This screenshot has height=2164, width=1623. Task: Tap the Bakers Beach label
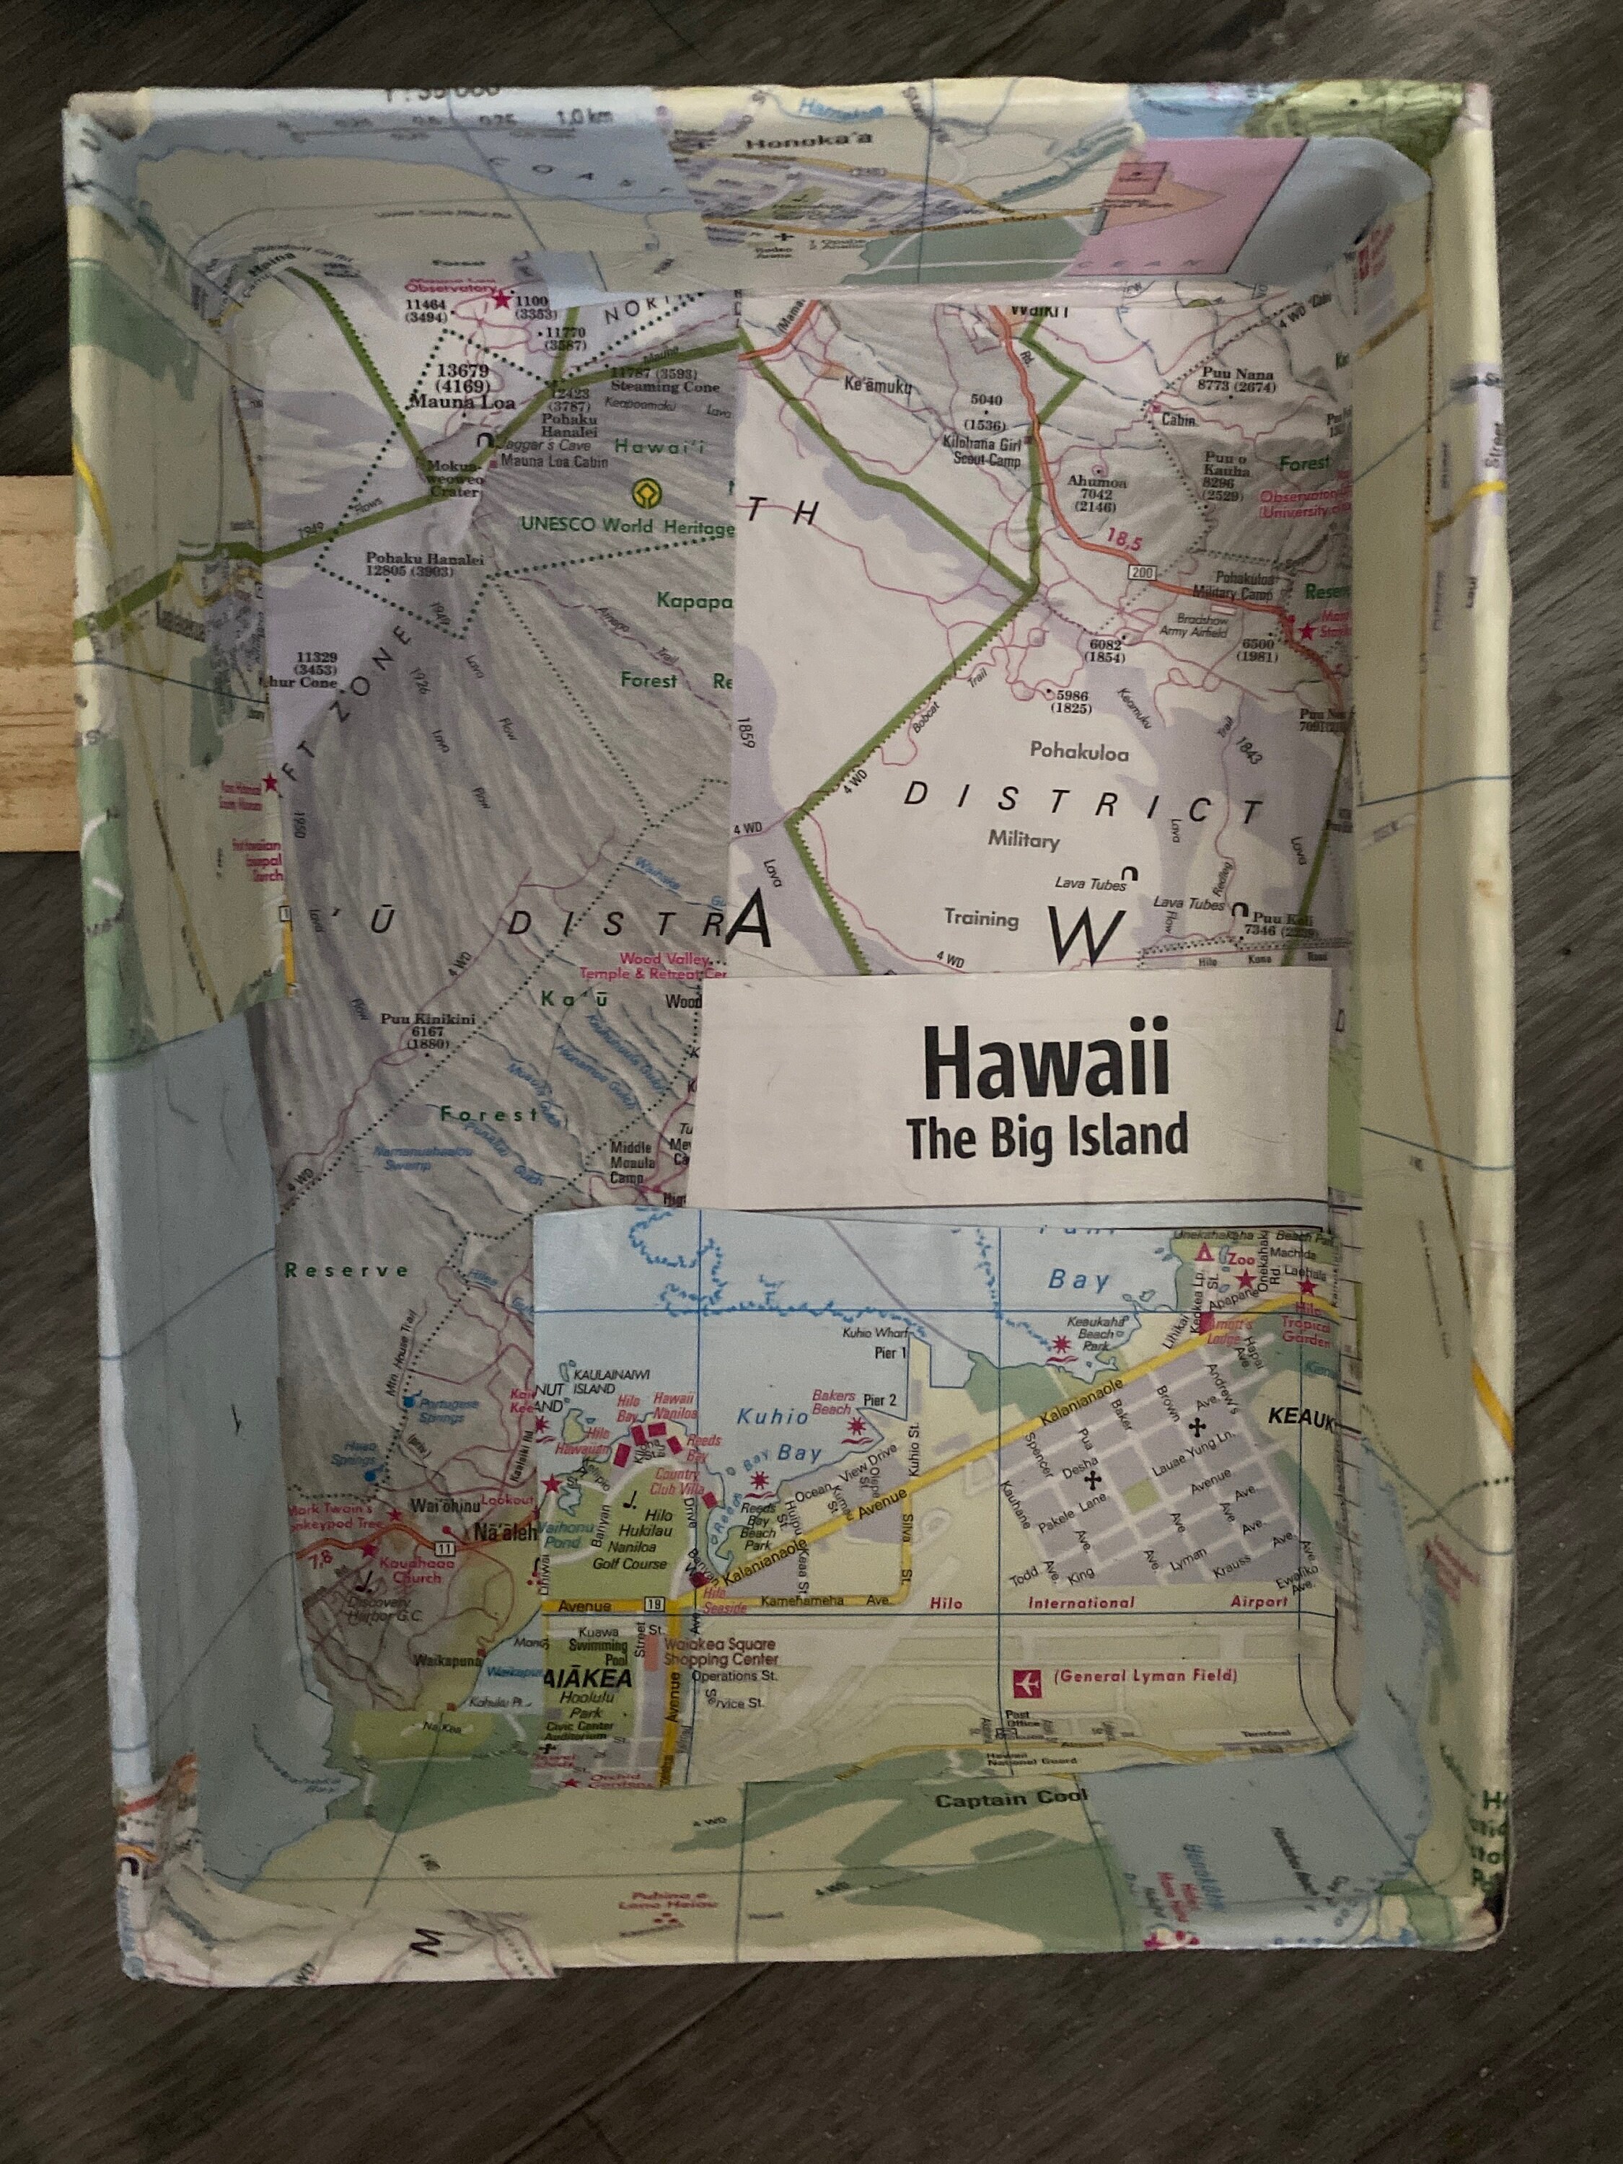pyautogui.click(x=834, y=1402)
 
